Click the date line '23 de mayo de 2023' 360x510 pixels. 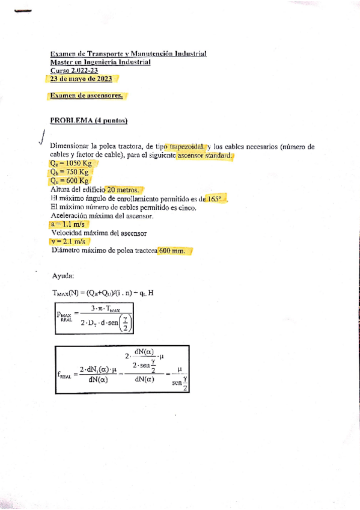(84, 78)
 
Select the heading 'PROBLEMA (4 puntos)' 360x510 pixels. (89, 120)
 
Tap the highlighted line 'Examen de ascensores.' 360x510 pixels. (87, 96)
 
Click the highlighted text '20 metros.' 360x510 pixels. (123, 189)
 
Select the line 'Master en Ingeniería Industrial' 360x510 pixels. (100, 62)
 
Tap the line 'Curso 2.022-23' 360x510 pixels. (75, 70)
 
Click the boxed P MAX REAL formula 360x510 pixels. (95, 318)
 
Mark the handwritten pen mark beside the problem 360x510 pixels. (40, 138)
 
